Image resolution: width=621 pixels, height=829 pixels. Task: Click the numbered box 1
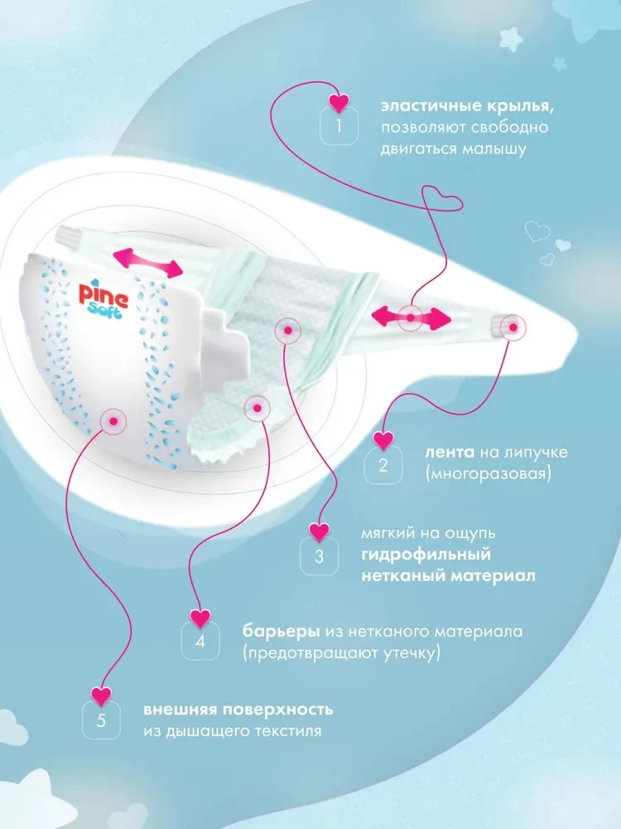point(339,126)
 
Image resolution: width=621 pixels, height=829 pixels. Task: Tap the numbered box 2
point(383,465)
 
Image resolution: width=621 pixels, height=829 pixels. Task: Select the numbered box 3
point(319,556)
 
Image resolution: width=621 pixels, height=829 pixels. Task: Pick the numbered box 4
point(200,642)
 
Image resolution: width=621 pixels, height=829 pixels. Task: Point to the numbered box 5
point(101,720)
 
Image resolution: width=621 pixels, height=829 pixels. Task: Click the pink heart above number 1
point(339,103)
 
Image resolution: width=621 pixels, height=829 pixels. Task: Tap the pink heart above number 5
point(101,696)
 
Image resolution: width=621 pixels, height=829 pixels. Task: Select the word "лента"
point(450,453)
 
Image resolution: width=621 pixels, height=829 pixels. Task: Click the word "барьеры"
point(281,631)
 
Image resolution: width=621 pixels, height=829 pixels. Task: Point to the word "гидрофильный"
point(426,555)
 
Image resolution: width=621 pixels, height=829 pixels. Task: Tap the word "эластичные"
point(428,106)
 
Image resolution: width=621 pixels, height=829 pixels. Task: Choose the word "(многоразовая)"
point(488,473)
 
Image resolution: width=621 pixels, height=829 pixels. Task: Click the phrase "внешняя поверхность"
point(238,710)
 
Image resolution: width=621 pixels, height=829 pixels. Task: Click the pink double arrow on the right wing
point(411,318)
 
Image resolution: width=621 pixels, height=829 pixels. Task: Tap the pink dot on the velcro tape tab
point(513,327)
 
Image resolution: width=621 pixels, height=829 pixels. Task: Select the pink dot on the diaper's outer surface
point(113,421)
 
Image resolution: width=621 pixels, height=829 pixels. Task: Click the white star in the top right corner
point(511,39)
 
